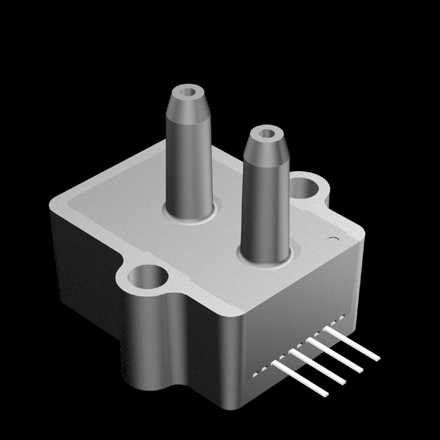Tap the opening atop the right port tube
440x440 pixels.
[267, 134]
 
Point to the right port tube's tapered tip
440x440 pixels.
[265, 150]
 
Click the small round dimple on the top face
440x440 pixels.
[333, 239]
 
